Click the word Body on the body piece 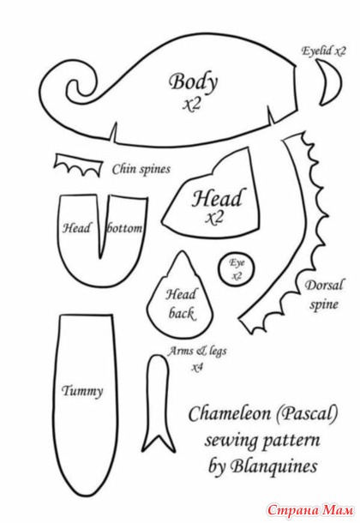click(x=194, y=81)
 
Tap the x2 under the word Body click(x=192, y=104)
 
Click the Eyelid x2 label click(x=324, y=51)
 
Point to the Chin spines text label click(x=141, y=169)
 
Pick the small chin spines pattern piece click(x=78, y=165)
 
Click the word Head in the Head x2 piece click(x=217, y=198)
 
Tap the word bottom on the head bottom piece click(x=124, y=228)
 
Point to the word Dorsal click(x=324, y=286)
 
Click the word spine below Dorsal click(x=324, y=304)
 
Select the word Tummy click(x=82, y=391)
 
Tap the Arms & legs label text click(x=197, y=352)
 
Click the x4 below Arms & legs click(x=197, y=367)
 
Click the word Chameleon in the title click(x=230, y=414)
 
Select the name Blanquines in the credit click(x=273, y=466)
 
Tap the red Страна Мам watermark click(x=310, y=510)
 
